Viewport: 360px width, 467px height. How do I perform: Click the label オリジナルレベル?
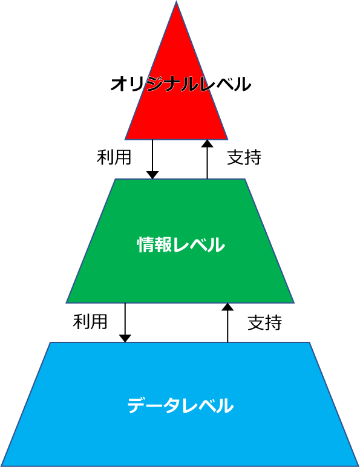coord(180,84)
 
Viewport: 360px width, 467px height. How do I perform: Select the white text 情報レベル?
coord(181,245)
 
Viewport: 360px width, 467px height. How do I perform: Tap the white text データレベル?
coord(180,405)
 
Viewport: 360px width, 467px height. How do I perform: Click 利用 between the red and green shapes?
coord(114,157)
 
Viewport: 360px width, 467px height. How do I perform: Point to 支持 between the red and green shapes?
coord(244,157)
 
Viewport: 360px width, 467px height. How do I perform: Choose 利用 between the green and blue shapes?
coord(90,322)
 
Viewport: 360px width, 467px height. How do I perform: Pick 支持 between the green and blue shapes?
coord(265,322)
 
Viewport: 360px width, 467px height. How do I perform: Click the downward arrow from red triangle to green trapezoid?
coord(152,159)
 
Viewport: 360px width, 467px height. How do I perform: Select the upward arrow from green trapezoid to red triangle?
coord(208,159)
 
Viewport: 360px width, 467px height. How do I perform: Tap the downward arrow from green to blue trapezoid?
coord(125,323)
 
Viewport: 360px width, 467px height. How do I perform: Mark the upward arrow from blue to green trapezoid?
coord(227,323)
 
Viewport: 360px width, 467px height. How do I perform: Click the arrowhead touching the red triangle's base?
coord(208,144)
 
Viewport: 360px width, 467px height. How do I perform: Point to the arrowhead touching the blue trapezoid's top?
coord(125,339)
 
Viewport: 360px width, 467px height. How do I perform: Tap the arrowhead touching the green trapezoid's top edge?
coord(152,175)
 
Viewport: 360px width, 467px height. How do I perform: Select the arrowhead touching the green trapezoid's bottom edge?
coord(227,307)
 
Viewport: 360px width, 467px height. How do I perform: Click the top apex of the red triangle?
coord(177,1)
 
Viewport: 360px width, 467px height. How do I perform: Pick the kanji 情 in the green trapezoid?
coord(145,245)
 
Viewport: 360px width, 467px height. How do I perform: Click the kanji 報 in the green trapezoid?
coord(163,245)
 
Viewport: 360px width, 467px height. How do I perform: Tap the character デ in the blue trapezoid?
coord(137,405)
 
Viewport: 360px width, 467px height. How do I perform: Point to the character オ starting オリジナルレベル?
coord(119,84)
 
